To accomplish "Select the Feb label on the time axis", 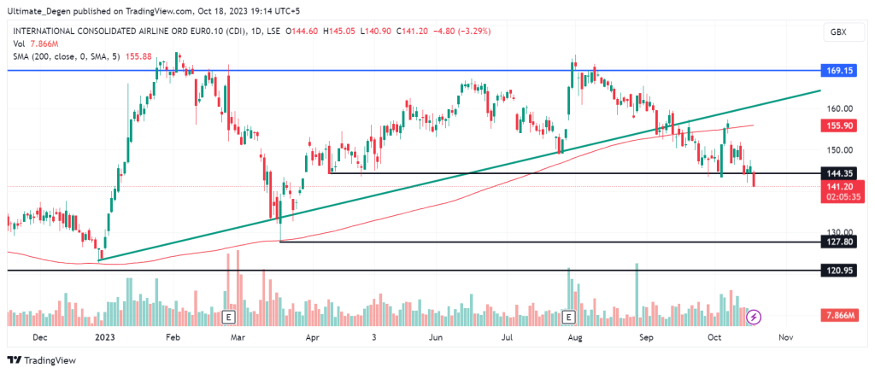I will (172, 338).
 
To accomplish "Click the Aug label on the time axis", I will (574, 338).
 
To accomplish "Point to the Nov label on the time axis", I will (787, 338).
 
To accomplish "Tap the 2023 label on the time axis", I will (104, 338).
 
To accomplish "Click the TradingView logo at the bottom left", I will (42, 359).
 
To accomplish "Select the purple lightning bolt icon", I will (754, 318).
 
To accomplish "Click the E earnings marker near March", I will (228, 318).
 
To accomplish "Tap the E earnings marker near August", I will (569, 318).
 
